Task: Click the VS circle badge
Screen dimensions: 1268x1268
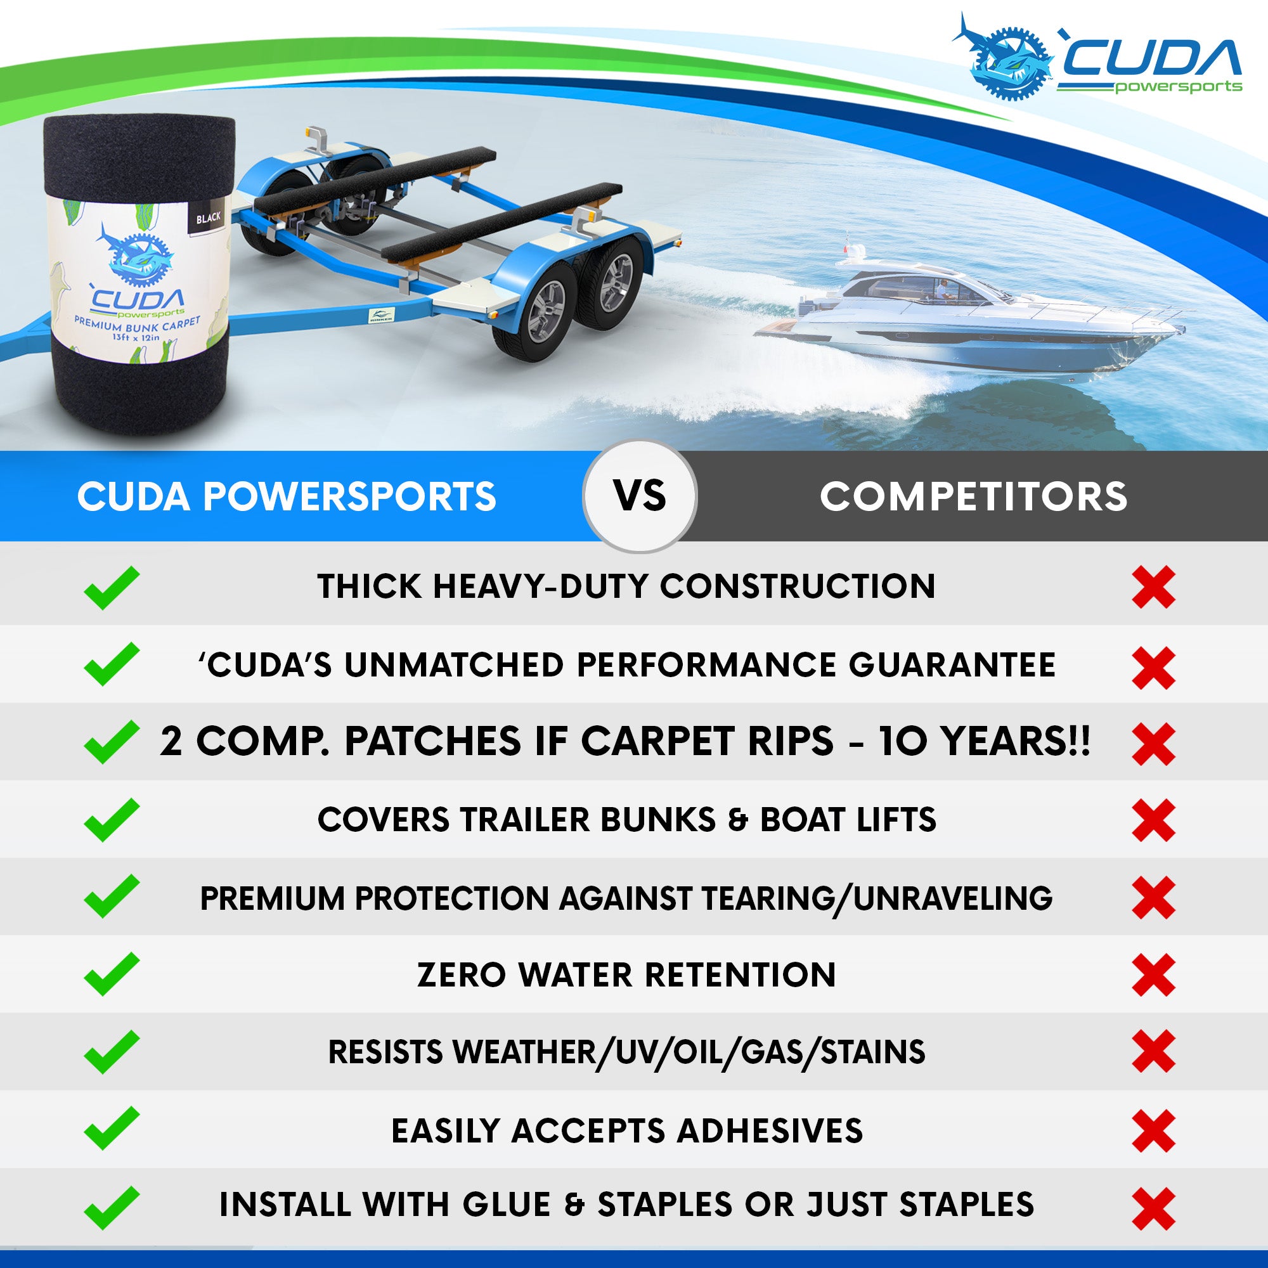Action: pos(640,496)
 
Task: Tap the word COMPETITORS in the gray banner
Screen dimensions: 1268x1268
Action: pos(974,496)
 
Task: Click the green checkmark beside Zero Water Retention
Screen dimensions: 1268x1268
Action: pos(112,974)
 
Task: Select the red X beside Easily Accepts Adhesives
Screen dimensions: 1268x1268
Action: pos(1154,1131)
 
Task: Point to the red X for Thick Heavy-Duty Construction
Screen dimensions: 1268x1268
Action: pos(1154,588)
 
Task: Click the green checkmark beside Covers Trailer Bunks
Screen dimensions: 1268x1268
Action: pos(112,820)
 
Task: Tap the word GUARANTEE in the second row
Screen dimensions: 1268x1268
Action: pos(952,665)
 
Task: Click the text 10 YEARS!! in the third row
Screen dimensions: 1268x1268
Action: pos(985,742)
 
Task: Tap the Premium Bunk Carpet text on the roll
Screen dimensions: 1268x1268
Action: pos(136,322)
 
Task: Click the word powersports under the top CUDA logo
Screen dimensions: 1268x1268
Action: pos(1179,87)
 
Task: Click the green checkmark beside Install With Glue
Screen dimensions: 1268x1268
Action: pos(112,1208)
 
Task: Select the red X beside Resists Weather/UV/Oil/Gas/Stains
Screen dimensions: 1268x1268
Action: pos(1154,1052)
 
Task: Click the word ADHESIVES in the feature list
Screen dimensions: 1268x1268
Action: pos(770,1131)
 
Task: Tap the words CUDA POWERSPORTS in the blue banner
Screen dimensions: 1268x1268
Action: pos(287,496)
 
